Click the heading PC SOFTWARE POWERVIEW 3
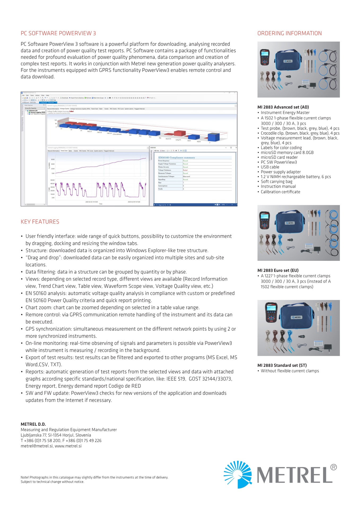point(58,33)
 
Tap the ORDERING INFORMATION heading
point(289,33)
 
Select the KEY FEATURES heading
point(40,222)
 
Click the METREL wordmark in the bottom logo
point(294,475)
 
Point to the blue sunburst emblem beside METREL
point(238,474)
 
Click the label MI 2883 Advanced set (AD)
point(283,107)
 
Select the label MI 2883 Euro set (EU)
point(278,270)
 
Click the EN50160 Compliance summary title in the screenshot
point(176,157)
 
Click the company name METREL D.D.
point(33,424)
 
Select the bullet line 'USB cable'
point(270,167)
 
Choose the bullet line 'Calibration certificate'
point(280,192)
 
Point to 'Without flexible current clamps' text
point(290,371)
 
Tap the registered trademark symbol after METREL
point(334,467)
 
